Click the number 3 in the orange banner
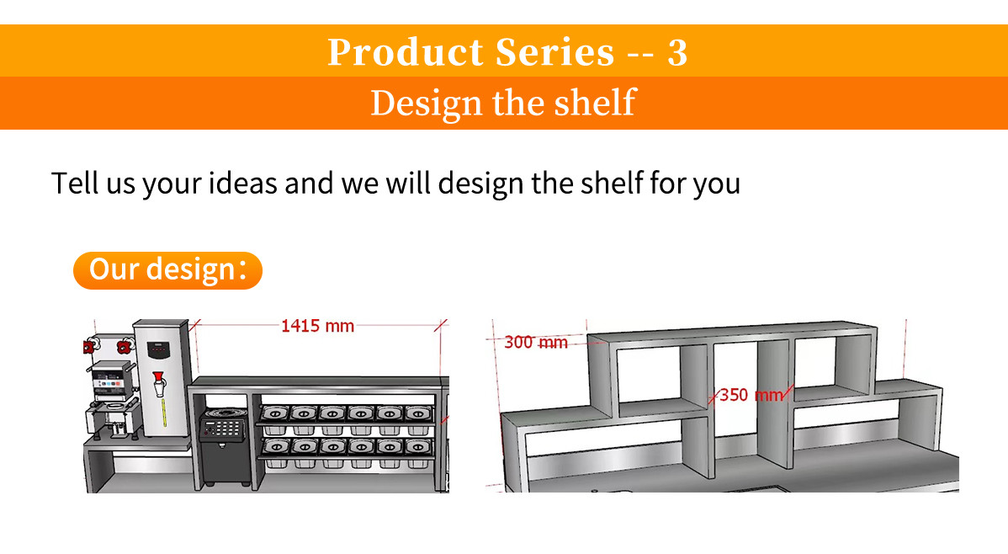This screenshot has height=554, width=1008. (676, 52)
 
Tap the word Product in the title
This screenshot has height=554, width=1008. (405, 52)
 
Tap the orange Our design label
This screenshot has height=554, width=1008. (167, 270)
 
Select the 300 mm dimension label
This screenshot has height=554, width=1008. (536, 343)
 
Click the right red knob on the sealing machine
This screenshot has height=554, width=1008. (125, 344)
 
